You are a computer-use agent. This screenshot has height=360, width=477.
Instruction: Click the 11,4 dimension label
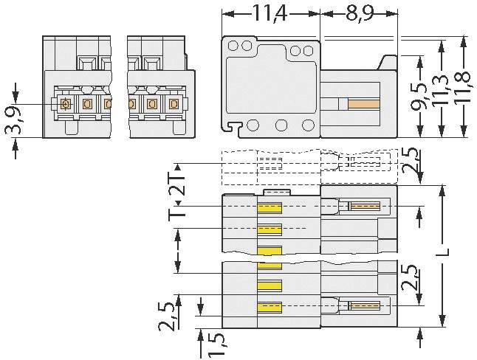(x=270, y=13)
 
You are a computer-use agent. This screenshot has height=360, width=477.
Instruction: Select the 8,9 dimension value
(x=359, y=13)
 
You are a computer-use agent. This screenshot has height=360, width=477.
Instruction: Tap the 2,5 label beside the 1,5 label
(x=170, y=314)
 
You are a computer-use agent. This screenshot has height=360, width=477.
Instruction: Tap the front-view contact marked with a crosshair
(x=65, y=104)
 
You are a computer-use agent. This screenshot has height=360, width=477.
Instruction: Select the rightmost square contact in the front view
(x=174, y=104)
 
